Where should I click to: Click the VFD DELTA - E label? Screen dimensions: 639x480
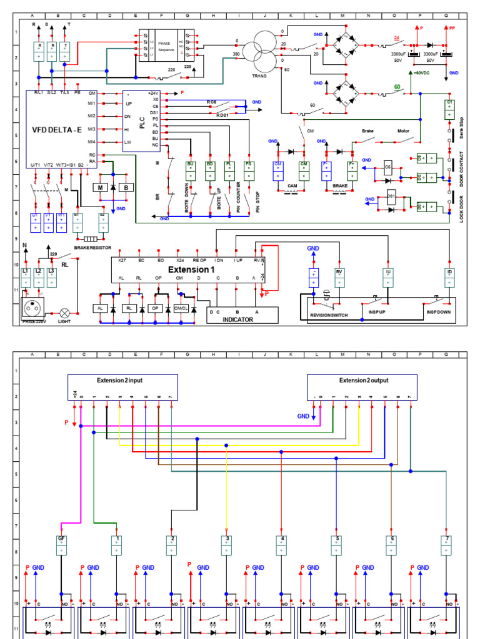click(57, 130)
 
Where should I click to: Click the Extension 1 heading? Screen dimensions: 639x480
click(191, 270)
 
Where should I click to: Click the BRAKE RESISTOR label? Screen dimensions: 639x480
click(91, 247)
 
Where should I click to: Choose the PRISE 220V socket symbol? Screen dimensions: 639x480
click(33, 308)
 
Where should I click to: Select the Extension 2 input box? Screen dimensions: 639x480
click(123, 387)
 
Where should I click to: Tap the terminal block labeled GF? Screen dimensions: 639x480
click(61, 545)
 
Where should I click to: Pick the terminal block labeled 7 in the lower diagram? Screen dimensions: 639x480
click(446, 545)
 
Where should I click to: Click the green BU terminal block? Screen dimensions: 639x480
click(191, 170)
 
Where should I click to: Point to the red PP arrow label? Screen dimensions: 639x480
click(452, 28)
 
